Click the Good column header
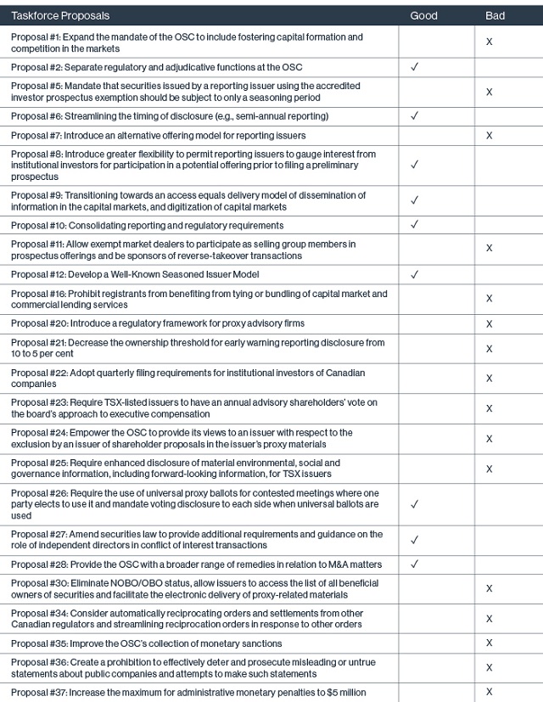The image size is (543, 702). pyautogui.click(x=423, y=15)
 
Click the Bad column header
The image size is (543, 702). pyautogui.click(x=495, y=15)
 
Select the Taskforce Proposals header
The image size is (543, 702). pyautogui.click(x=60, y=15)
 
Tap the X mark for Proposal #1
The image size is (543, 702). pyautogui.click(x=489, y=42)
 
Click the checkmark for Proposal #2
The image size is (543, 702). pyautogui.click(x=414, y=66)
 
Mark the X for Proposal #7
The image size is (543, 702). pyautogui.click(x=489, y=135)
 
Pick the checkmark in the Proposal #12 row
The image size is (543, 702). pyautogui.click(x=414, y=275)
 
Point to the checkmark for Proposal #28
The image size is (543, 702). pyautogui.click(x=414, y=564)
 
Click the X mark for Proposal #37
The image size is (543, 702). pyautogui.click(x=489, y=693)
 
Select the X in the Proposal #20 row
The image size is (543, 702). pyautogui.click(x=489, y=323)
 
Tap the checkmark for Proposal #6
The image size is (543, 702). pyautogui.click(x=414, y=115)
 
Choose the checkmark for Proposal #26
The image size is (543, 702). pyautogui.click(x=414, y=504)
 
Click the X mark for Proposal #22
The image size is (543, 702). pyautogui.click(x=489, y=378)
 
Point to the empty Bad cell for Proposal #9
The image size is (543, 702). pyautogui.click(x=507, y=201)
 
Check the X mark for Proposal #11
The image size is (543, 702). pyautogui.click(x=489, y=250)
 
